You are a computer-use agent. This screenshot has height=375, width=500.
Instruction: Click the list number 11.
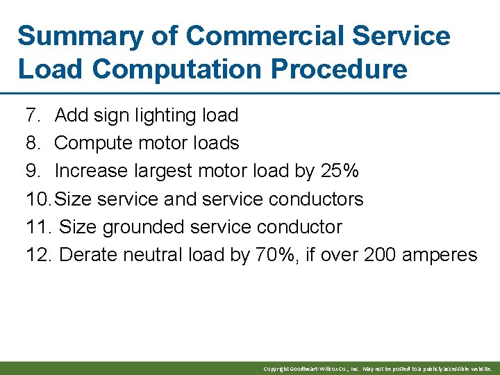[37, 227]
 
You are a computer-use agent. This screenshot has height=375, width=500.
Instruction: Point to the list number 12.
[38, 255]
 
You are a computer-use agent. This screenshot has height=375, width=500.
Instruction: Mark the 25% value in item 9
[340, 171]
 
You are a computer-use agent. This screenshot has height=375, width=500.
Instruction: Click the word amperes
[442, 255]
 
